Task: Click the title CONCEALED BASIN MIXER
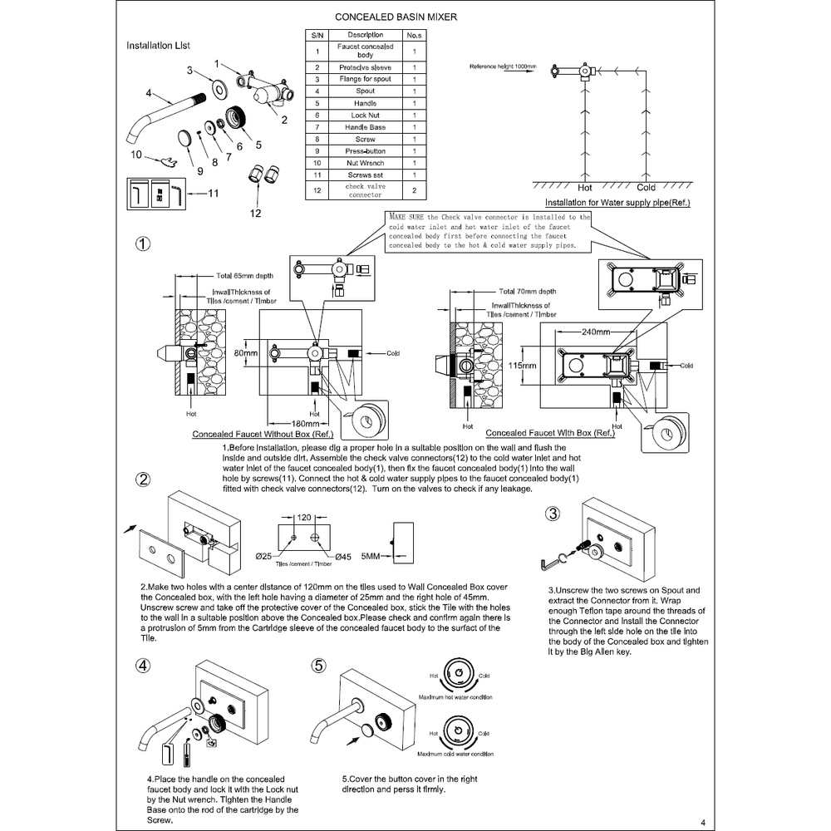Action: pyautogui.click(x=394, y=17)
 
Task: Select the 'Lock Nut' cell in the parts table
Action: pyautogui.click(x=365, y=116)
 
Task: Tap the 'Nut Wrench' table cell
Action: pyautogui.click(x=365, y=164)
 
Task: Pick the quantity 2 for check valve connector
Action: pyautogui.click(x=414, y=190)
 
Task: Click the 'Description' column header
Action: pyautogui.click(x=365, y=35)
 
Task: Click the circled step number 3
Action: pyautogui.click(x=553, y=513)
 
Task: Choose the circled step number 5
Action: pyautogui.click(x=319, y=666)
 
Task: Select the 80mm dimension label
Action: pyautogui.click(x=246, y=353)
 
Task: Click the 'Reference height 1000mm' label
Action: pyautogui.click(x=503, y=66)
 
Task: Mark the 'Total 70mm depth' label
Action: pyautogui.click(x=528, y=293)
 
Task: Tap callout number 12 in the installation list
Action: pyautogui.click(x=255, y=213)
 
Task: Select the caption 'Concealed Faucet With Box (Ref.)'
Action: pyautogui.click(x=550, y=433)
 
